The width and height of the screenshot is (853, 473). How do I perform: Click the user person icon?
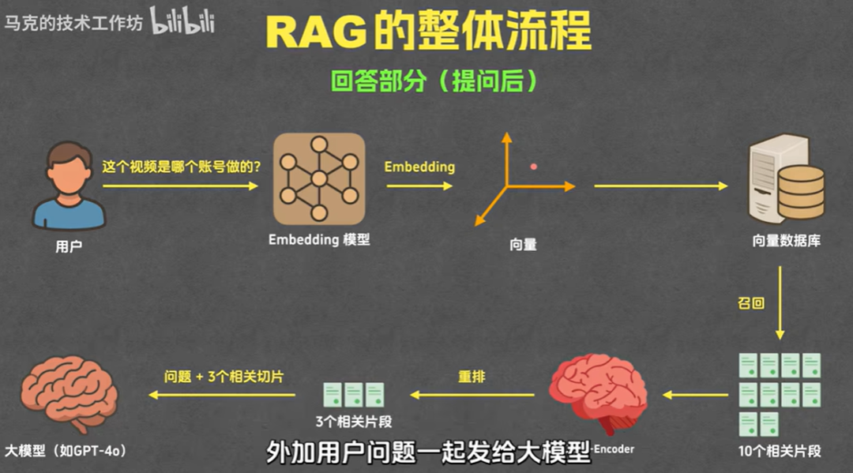tap(69, 185)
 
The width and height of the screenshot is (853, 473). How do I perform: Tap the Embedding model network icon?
tap(319, 178)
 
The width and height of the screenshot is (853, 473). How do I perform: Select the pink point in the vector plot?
tap(534, 167)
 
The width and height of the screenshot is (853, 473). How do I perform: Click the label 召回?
tap(751, 302)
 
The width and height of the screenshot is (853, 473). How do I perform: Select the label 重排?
tap(472, 377)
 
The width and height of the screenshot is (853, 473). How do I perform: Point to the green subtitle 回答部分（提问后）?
tap(427, 81)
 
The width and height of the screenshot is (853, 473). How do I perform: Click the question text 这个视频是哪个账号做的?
tap(182, 167)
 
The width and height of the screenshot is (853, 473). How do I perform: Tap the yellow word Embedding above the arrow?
tap(419, 167)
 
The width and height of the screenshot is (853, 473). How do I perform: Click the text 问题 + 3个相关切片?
tap(224, 377)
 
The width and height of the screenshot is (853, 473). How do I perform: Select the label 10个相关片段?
tap(780, 452)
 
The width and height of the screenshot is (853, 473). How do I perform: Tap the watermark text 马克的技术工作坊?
tap(73, 23)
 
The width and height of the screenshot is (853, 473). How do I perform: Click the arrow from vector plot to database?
tap(660, 186)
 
